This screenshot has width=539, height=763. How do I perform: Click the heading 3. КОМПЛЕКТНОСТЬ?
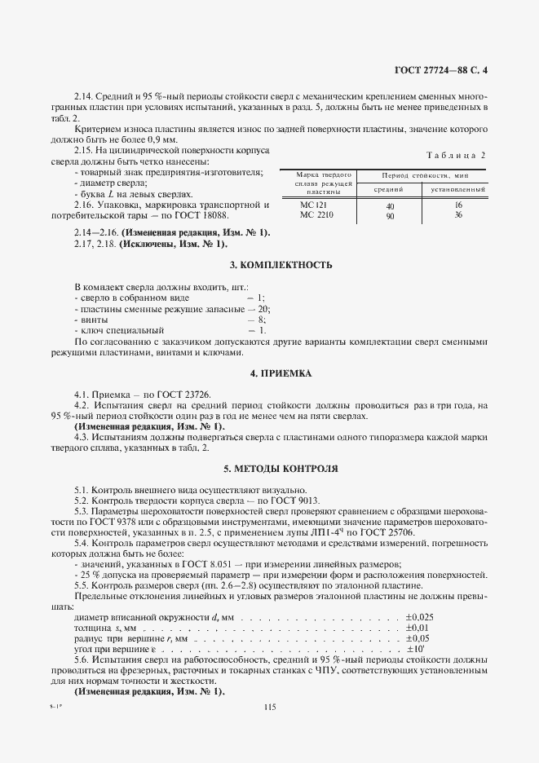[x=269, y=266]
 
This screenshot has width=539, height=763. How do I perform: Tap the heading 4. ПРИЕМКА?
[x=269, y=373]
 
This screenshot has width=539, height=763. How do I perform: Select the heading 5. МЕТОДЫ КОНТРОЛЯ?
[x=269, y=470]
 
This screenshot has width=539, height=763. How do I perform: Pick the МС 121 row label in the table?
[x=313, y=205]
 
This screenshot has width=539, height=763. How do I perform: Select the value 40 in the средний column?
[x=389, y=207]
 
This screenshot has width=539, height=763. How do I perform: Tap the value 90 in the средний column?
[x=389, y=217]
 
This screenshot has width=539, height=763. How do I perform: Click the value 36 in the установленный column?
[x=457, y=215]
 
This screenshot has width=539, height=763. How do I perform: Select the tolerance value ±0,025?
[x=419, y=617]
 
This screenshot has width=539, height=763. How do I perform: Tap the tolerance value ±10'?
[x=416, y=649]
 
